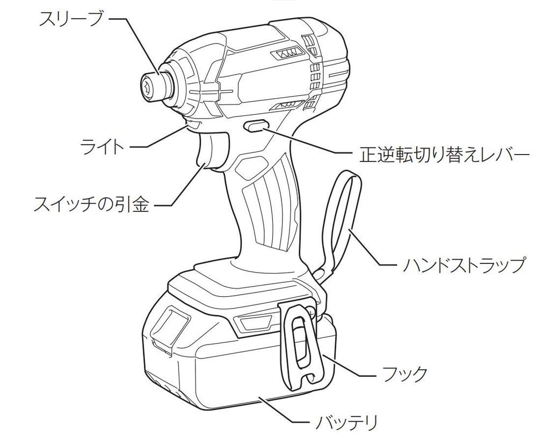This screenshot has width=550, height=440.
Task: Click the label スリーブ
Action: [73, 20]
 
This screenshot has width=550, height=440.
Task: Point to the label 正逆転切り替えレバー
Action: [444, 156]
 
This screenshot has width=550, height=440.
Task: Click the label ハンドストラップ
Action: [462, 265]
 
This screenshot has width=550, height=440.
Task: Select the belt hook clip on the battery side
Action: [301, 343]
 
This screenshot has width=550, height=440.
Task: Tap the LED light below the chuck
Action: [192, 125]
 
